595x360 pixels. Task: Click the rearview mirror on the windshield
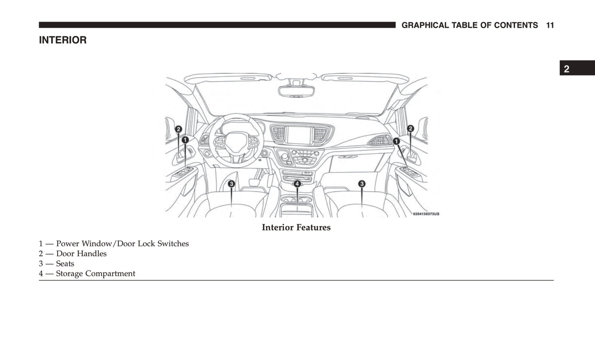click(x=296, y=91)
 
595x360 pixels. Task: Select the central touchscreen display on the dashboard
click(x=299, y=135)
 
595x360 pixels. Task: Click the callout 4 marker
click(x=297, y=184)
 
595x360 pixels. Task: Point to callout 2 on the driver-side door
click(x=178, y=129)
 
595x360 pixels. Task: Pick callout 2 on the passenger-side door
click(x=410, y=129)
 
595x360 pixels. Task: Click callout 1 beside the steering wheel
click(x=185, y=140)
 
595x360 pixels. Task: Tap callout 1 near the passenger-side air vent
click(x=396, y=141)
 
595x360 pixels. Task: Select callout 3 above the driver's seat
click(x=231, y=184)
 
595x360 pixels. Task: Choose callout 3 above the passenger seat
click(x=362, y=184)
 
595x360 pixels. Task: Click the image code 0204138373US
click(x=426, y=214)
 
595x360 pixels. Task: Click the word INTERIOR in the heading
click(x=63, y=40)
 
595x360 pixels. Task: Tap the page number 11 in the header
click(x=550, y=25)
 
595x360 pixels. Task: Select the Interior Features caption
click(x=296, y=227)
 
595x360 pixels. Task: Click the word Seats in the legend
click(x=65, y=264)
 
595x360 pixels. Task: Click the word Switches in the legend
click(x=173, y=243)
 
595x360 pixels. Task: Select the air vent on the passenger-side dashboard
click(x=379, y=140)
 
